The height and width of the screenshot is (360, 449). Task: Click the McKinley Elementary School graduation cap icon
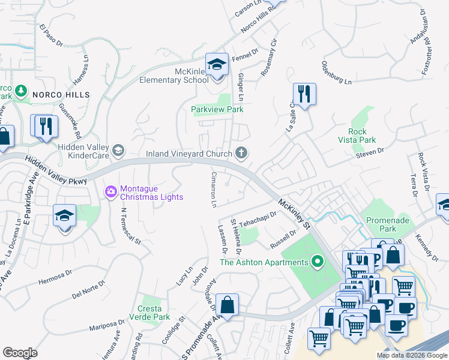click(217, 64)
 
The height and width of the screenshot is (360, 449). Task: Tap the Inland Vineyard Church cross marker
click(241, 154)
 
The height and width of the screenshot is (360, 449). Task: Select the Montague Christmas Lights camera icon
click(110, 192)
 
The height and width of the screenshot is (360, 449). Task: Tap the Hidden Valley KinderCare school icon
click(118, 151)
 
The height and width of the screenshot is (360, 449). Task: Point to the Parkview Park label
click(217, 110)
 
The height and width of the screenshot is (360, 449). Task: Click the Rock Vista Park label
click(362, 136)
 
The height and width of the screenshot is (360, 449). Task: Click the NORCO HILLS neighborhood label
click(61, 95)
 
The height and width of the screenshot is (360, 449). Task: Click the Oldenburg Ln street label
click(340, 72)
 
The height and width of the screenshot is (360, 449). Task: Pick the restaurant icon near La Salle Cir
click(304, 94)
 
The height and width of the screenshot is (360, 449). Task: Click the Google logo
click(20, 353)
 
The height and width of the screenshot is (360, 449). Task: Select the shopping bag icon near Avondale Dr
click(228, 305)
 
